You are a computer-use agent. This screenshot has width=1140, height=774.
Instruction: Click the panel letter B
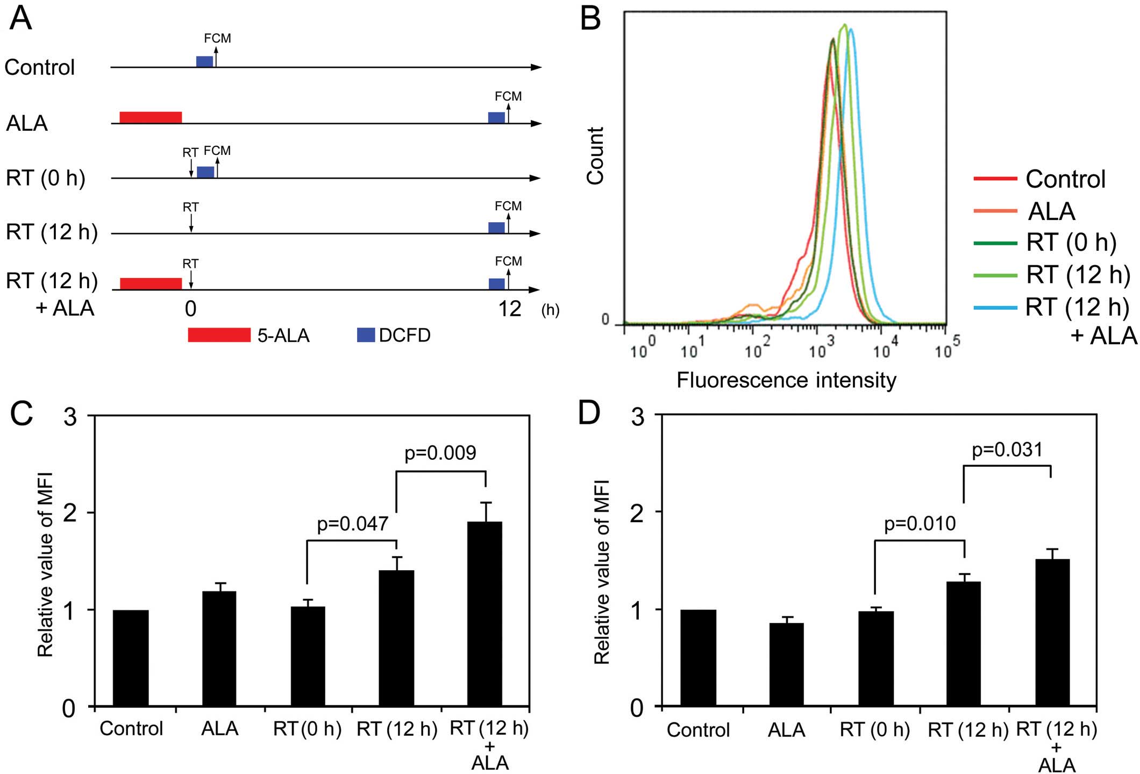590,20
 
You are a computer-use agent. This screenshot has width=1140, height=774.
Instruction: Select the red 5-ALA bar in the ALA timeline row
151,117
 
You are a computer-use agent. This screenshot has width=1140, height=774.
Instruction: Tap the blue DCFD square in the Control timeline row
204,61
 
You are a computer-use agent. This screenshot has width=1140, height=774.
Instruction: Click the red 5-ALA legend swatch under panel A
219,335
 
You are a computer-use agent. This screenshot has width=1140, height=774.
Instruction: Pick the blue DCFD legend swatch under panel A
366,335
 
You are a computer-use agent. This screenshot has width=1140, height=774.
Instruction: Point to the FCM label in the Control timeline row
217,38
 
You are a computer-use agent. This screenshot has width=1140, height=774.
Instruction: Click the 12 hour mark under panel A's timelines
509,309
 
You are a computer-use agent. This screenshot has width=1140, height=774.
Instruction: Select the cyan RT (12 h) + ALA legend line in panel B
995,308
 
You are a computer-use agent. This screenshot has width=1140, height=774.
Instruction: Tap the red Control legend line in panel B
995,178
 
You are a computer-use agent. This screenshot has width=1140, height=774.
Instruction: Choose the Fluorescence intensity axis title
786,380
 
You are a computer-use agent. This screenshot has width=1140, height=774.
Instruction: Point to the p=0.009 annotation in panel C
440,453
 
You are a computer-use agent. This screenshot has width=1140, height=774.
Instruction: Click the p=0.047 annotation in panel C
352,523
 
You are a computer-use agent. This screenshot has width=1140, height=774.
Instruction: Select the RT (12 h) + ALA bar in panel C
485,614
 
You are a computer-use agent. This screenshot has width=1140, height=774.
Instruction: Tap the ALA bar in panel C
219,649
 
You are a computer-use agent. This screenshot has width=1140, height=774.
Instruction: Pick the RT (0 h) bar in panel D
876,658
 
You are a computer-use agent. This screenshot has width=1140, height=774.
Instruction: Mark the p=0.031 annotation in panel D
1007,450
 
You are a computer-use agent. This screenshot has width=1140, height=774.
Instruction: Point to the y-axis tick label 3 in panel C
70,417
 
